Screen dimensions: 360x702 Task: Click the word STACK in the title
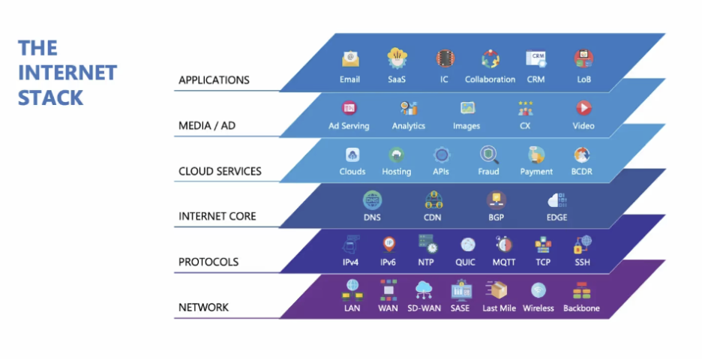(50, 97)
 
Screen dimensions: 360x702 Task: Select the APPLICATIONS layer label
(214, 80)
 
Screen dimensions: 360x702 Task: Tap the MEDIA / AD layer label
(206, 125)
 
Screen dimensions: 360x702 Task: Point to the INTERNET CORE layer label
(217, 216)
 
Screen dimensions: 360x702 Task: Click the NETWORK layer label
(203, 307)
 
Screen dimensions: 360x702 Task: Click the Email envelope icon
(349, 58)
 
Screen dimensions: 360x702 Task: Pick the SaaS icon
(396, 58)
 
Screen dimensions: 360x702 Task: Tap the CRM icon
(535, 58)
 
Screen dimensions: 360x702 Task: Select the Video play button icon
(583, 108)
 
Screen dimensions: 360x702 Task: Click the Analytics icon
(408, 108)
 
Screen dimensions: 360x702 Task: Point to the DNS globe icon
(372, 200)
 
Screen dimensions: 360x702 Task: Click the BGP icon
(496, 200)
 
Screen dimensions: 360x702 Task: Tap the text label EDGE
(556, 217)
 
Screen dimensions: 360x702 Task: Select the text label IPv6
(388, 262)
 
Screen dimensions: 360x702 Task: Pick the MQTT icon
(503, 244)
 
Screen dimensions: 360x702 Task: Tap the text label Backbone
(581, 308)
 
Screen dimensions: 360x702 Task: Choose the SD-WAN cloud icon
(424, 290)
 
